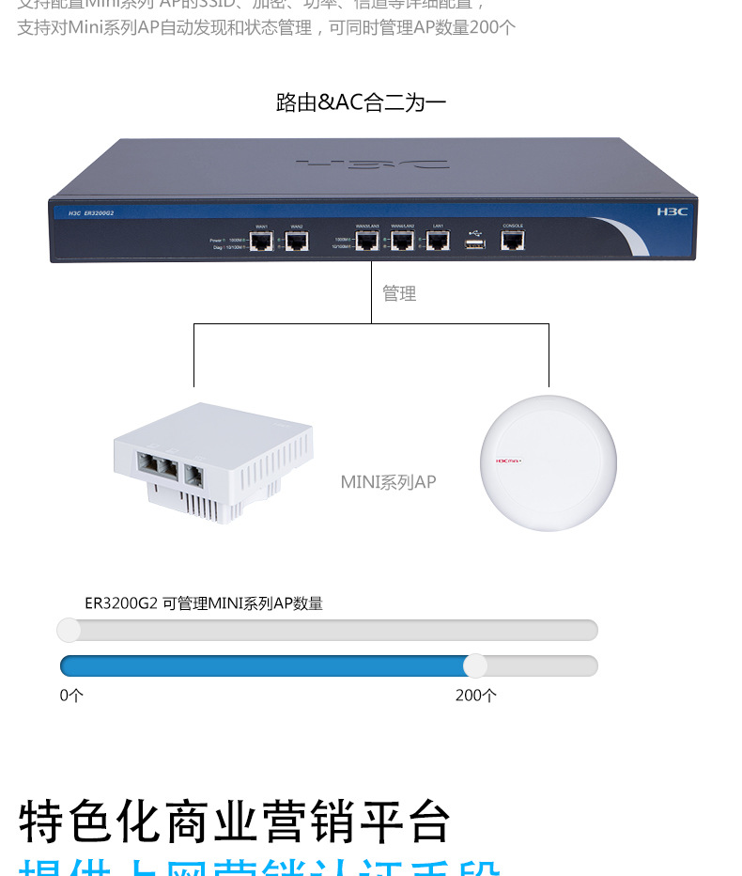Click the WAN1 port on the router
click(262, 242)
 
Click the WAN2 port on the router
click(297, 242)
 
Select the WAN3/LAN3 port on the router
click(367, 242)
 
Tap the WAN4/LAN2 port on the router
click(403, 242)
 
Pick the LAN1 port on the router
click(438, 242)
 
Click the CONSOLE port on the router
click(513, 241)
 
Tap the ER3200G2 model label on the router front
click(99, 213)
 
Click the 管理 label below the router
click(399, 294)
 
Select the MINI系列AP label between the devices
click(388, 482)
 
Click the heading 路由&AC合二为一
click(361, 102)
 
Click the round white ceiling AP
click(549, 462)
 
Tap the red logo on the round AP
click(508, 461)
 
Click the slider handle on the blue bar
click(475, 665)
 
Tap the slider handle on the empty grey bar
click(69, 630)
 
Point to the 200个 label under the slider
click(476, 696)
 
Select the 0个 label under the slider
click(71, 696)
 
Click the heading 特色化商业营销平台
click(235, 821)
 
